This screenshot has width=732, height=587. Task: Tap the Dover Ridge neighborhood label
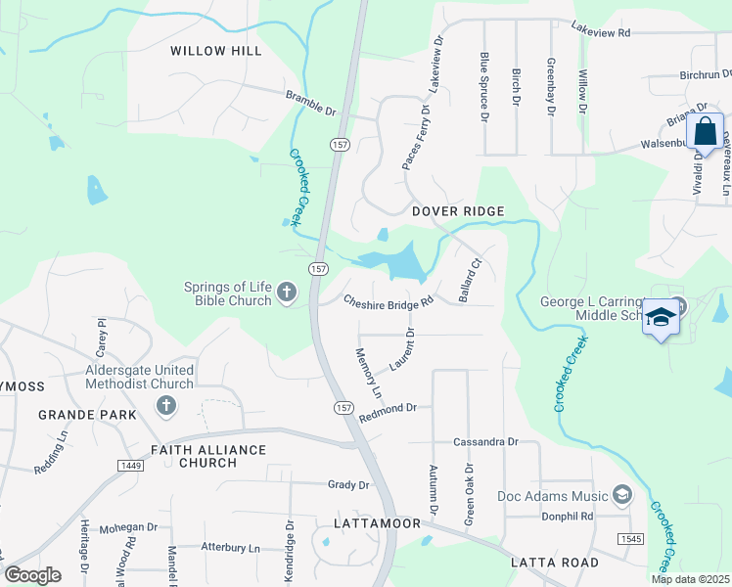pos(457,211)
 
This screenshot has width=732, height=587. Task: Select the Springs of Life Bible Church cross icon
pos(286,292)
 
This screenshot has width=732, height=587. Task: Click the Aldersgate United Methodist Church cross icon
pos(165,405)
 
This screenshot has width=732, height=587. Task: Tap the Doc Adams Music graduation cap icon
pos(621,496)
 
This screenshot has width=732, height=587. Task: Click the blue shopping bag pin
pos(705,134)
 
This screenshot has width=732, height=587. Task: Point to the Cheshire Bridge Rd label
pos(388,303)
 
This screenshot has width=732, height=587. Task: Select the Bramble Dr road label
pos(310,100)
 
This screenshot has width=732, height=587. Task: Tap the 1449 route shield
pos(132,466)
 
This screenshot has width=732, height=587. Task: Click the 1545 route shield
pos(630,539)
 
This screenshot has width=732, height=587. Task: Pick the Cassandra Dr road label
pos(485,442)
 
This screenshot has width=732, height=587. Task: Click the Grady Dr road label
pos(348,484)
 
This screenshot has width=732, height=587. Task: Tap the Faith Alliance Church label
pos(208,456)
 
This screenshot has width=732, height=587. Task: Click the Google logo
pos(33,575)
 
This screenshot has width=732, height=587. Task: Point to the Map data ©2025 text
pos(690,579)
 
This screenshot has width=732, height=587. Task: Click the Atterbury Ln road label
pos(231,548)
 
